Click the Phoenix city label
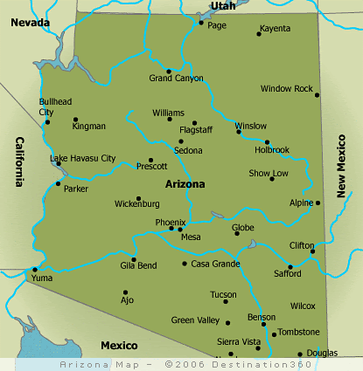tap(170, 223)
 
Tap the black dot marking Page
tap(201, 23)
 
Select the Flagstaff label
tap(196, 131)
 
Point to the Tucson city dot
tap(226, 301)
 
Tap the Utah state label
tap(223, 5)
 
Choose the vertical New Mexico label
tap(343, 165)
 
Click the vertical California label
tap(17, 162)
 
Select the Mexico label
tap(119, 346)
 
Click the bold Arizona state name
tap(185, 184)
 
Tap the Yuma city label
tap(42, 278)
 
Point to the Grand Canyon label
tap(176, 79)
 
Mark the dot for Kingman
tap(75, 120)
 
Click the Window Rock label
tap(286, 89)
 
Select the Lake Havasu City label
tap(83, 158)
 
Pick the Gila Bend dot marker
tap(134, 259)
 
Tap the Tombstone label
tap(299, 333)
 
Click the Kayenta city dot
tap(259, 34)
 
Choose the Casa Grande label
tap(215, 264)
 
